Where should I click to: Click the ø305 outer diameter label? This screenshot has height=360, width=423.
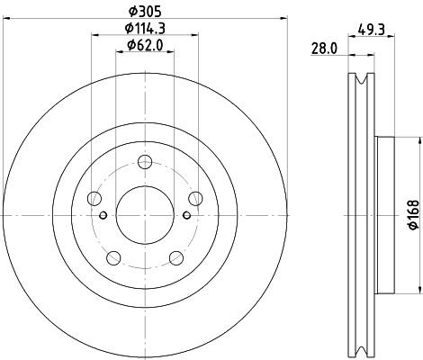coord(144,11)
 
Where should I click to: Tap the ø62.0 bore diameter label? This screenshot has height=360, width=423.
coord(144,44)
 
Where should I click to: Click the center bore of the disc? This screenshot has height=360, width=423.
coord(144,214)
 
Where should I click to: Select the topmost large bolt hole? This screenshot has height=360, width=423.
coord(144,162)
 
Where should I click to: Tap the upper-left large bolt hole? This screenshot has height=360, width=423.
coord(94,199)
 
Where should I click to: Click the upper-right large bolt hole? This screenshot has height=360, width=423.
coord(193,199)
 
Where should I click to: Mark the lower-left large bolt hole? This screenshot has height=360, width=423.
coord(113,257)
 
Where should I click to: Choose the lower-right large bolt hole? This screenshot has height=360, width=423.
coord(175,257)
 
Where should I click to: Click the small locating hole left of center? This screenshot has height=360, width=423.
coord(103,214)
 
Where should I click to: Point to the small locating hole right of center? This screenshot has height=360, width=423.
coord(185,214)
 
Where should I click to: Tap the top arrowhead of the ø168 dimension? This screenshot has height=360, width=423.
coord(418,139)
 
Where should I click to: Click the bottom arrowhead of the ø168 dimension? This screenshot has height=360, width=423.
coord(418,289)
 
